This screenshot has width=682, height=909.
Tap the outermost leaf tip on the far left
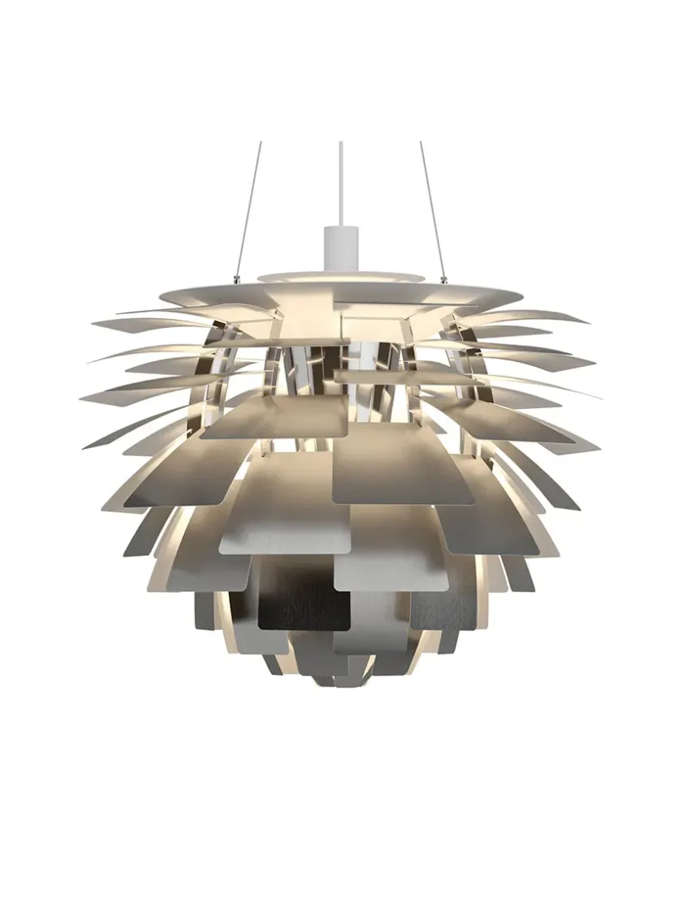pos(81,397)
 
